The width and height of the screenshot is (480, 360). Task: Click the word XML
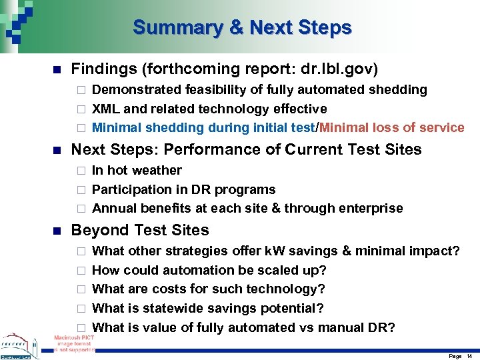coord(105,109)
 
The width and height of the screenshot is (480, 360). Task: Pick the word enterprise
coord(371,209)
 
